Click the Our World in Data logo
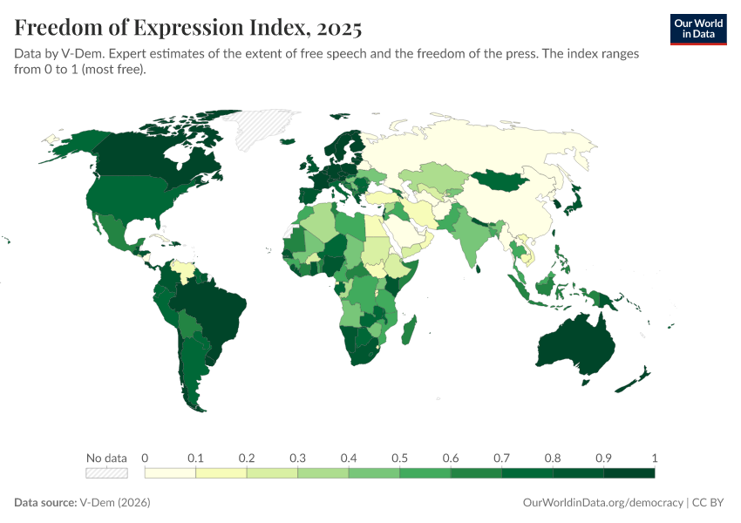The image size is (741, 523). (x=697, y=28)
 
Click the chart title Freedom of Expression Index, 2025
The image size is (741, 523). (x=187, y=28)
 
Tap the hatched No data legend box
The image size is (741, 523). (x=106, y=473)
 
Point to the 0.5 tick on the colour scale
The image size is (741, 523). (x=399, y=458)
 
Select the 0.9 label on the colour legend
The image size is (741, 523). (x=603, y=458)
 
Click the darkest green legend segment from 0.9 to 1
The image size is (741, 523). (x=629, y=473)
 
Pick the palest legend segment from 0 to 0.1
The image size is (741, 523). (x=170, y=473)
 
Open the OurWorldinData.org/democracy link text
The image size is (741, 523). (x=602, y=503)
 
